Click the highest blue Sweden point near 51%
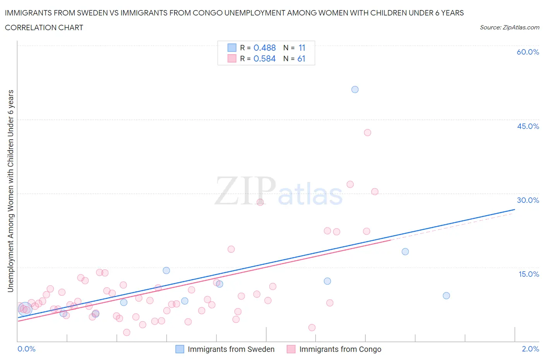[x=355, y=89]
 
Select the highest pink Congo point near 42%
[x=368, y=132]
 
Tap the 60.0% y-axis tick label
[x=528, y=52]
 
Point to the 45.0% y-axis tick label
[x=528, y=126]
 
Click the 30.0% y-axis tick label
[x=528, y=200]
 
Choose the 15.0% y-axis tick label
[x=529, y=274]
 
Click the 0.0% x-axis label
[x=27, y=349]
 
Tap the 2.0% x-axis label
[x=530, y=349]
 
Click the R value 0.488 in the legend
[x=265, y=48]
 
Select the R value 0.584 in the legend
[x=265, y=58]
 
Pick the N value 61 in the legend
[x=301, y=58]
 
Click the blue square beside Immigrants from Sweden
[x=180, y=349]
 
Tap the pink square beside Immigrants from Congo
[x=291, y=349]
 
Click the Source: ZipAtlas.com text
[x=509, y=27]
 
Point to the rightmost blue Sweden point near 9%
[x=446, y=296]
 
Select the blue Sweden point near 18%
[x=405, y=252]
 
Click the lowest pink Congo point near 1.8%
[x=127, y=333]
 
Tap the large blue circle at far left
[x=25, y=309]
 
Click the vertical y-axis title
[x=10, y=191]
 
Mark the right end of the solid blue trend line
[x=515, y=209]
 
